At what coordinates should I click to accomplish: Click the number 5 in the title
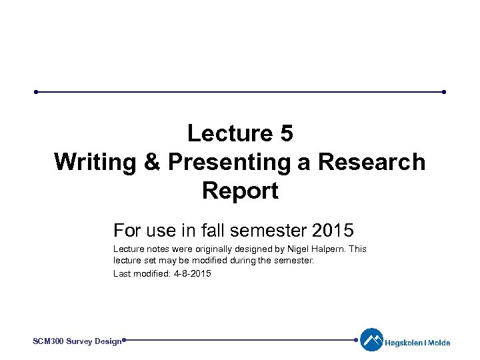tap(285, 133)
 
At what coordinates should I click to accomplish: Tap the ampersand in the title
tap(151, 162)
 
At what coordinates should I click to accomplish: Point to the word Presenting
tap(231, 162)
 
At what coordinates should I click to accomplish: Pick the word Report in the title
tap(240, 191)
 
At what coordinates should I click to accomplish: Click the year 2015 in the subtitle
tap(333, 231)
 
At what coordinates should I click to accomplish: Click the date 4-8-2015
tap(191, 273)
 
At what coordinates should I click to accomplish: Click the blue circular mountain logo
tap(371, 340)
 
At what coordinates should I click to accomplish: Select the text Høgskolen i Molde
tap(417, 343)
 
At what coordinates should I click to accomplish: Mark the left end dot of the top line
tap(37, 92)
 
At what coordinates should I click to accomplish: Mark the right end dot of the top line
tap(443, 92)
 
